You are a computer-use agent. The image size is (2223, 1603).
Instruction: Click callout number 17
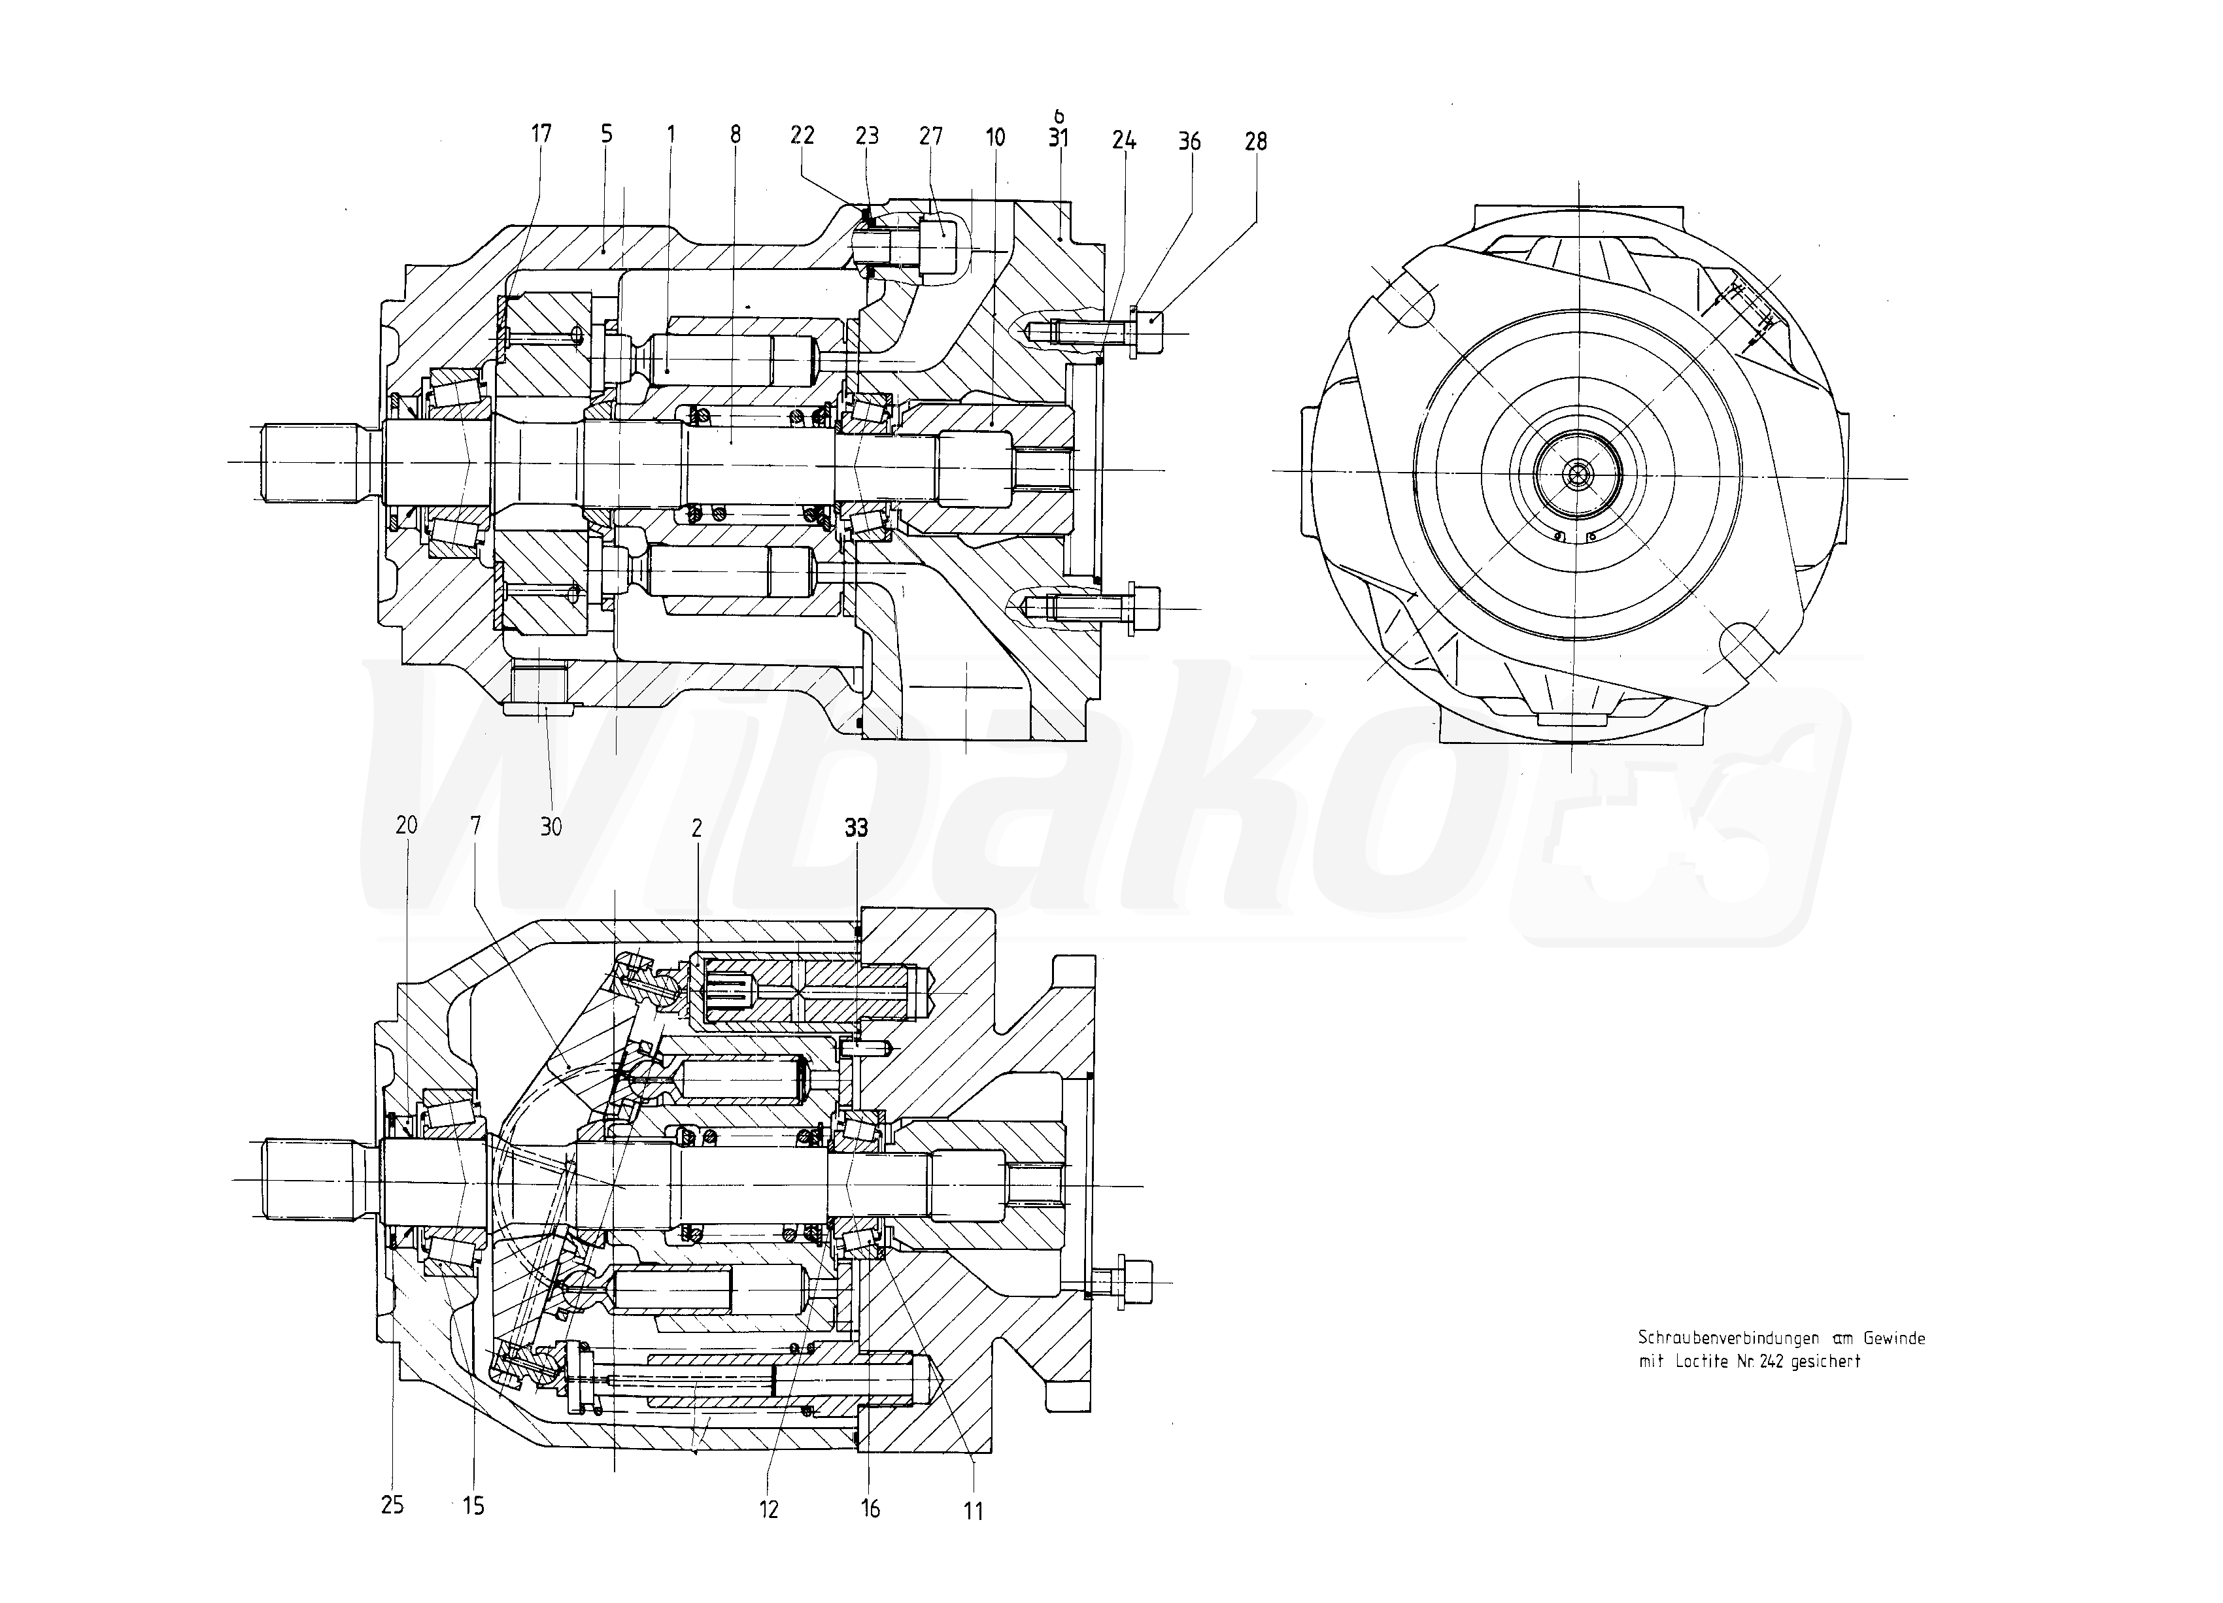coord(542,133)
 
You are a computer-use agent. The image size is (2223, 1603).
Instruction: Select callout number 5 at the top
coord(607,133)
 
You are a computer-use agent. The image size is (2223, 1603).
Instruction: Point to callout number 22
coord(803,135)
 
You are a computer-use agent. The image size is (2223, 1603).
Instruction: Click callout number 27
coord(930,135)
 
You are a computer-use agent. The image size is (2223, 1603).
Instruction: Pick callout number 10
coord(995,137)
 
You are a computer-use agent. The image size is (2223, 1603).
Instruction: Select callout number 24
coord(1123,140)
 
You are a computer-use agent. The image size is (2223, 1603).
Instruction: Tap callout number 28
coord(1255,142)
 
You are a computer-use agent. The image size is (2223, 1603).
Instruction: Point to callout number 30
coord(551,827)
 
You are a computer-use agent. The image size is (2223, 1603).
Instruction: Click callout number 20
coord(406,825)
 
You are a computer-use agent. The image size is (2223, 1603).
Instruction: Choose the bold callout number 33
coord(856,828)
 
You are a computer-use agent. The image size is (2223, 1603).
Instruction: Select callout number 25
coord(392,1505)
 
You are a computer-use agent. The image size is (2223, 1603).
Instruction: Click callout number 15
coord(473,1506)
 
